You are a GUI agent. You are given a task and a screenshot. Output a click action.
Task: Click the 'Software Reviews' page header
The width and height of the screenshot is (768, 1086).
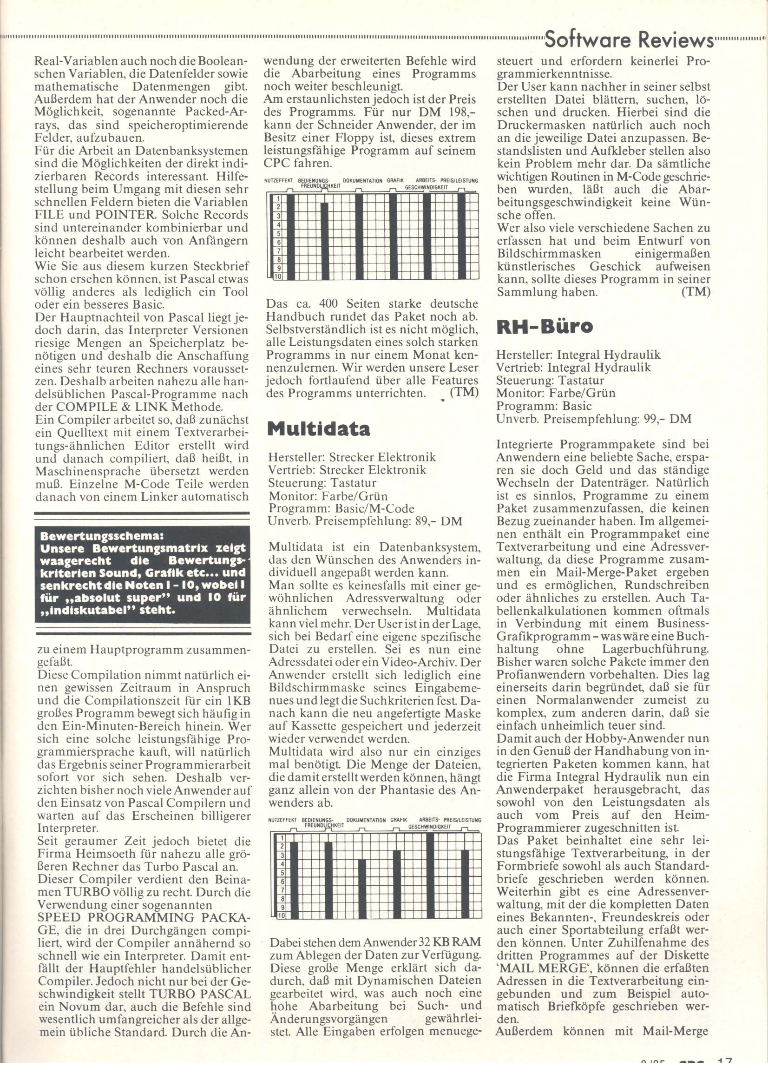629,41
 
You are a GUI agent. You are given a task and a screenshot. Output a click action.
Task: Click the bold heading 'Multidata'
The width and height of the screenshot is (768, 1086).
319,428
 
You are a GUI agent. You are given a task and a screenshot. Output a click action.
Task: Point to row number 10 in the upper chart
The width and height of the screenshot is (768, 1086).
278,276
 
